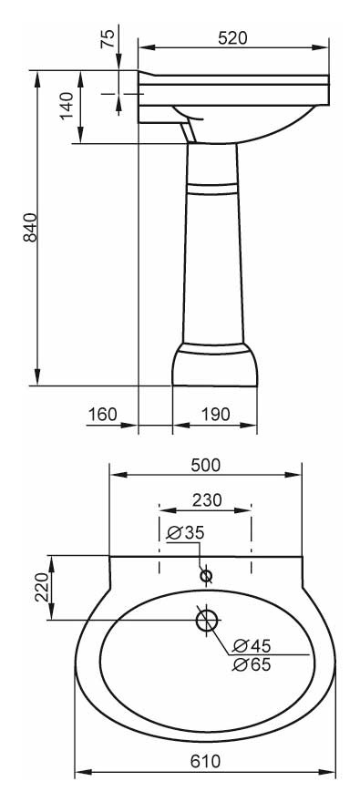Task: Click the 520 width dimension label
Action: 232,38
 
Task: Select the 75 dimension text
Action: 108,39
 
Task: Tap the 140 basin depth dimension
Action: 67,106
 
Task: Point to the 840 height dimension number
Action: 30,227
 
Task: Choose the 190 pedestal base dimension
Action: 215,414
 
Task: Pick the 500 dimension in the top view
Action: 206,465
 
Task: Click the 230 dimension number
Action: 207,499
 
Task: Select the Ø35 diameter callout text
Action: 186,532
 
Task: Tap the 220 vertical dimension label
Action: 42,587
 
